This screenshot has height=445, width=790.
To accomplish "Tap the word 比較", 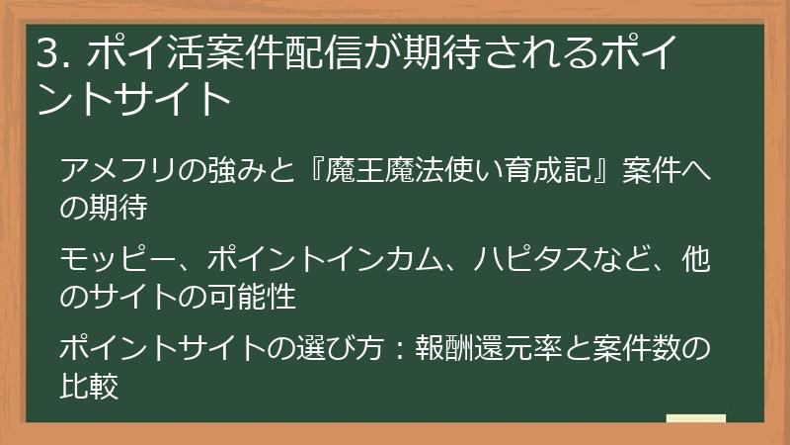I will tap(89, 384).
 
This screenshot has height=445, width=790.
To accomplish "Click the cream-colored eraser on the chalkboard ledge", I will tap(695, 419).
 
